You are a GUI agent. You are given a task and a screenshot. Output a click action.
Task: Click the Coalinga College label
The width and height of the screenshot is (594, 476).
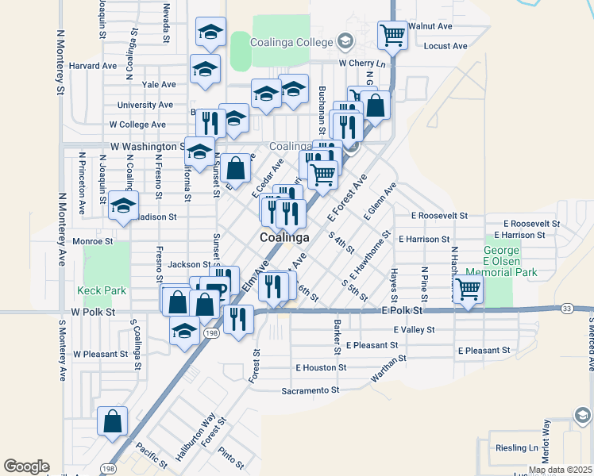coord(291,41)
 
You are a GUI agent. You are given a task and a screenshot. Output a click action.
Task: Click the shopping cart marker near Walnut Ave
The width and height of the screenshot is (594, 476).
coord(392,35)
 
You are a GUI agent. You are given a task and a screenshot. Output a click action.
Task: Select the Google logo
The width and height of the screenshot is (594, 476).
coord(26,466)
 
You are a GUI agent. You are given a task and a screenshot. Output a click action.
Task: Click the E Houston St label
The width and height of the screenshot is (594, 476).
coord(321,367)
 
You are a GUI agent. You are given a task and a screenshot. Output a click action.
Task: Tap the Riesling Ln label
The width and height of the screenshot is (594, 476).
coord(515,447)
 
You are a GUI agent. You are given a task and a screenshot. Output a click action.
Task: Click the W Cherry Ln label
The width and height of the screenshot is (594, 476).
coord(361,63)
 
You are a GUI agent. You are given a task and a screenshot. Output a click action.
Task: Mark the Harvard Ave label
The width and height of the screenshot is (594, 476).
coord(94,66)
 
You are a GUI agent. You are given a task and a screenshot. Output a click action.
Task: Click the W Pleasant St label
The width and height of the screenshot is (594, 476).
coord(100,354)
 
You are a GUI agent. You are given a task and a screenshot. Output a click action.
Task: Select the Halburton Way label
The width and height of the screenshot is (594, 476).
coord(196,432)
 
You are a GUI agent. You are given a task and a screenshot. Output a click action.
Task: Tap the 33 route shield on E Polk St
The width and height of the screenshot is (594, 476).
coord(565,308)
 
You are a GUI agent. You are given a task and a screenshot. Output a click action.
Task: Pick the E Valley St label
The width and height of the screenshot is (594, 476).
coord(414,329)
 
